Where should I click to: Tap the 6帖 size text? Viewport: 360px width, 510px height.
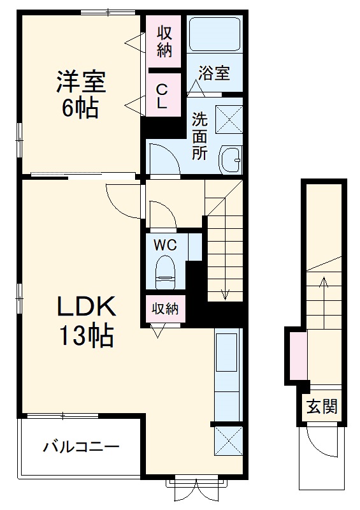pyautogui.click(x=80, y=108)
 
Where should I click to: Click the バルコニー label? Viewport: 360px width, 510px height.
pyautogui.click(x=81, y=447)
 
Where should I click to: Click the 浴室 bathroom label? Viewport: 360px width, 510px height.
pyautogui.click(x=213, y=74)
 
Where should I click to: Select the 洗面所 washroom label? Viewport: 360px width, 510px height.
pyautogui.click(x=199, y=136)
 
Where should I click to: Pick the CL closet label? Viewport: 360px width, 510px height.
pyautogui.click(x=162, y=96)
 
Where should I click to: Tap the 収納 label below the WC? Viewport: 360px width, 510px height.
pyautogui.click(x=165, y=309)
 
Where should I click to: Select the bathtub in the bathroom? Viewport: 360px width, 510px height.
pyautogui.click(x=214, y=35)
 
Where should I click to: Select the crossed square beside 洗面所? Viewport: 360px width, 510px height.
pyautogui.click(x=229, y=117)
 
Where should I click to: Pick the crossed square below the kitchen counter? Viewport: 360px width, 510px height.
pyautogui.click(x=227, y=440)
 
